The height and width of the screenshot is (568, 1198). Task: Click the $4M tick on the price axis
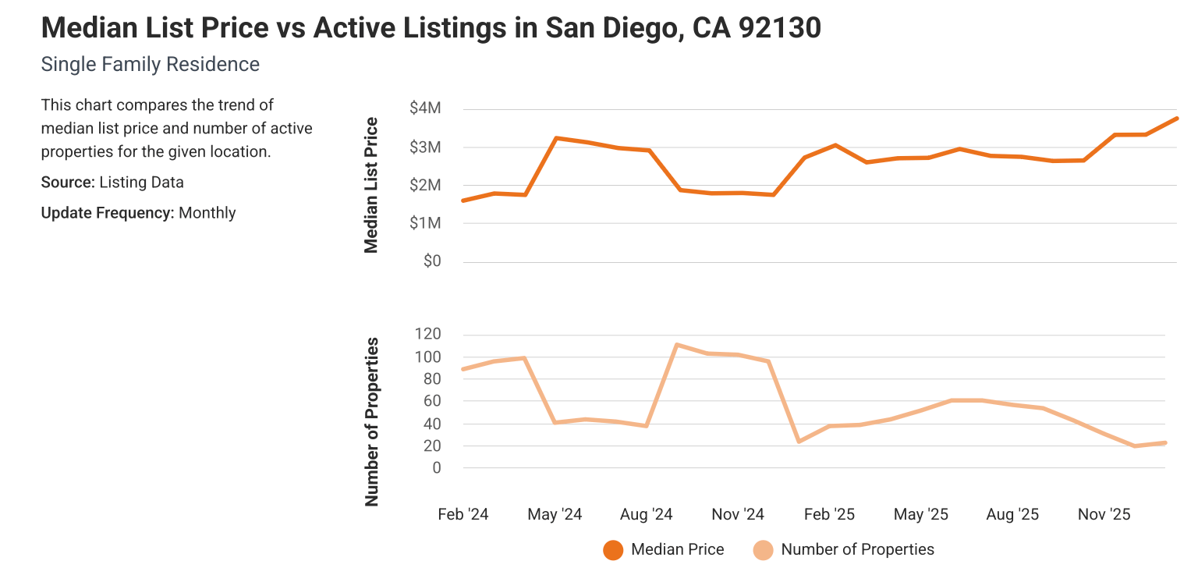pos(426,108)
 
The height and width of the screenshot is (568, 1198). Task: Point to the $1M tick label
pos(426,223)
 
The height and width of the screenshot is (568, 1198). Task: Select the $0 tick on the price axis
pos(432,261)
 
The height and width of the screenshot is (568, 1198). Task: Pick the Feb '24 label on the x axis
pos(463,514)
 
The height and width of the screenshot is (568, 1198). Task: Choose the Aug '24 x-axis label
pos(647,514)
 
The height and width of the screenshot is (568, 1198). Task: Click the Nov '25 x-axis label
pos(1104,514)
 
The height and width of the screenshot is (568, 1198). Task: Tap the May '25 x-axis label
pos(921,514)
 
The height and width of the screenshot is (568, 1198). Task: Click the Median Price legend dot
pos(613,549)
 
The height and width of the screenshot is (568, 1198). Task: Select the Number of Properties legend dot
pos(763,549)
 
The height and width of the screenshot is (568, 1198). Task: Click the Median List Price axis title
pos(371,185)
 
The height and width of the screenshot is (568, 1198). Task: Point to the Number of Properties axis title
pos(371,421)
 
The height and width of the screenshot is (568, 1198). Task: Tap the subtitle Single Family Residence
pos(150,64)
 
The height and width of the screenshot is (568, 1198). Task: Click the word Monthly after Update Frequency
pos(207,212)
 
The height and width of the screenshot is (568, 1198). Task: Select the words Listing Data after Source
pos(143,183)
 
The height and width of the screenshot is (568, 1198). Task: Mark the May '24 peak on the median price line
pos(555,138)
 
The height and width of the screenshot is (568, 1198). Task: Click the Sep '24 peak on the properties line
pos(677,345)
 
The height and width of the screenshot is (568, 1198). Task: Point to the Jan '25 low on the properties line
pos(799,442)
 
